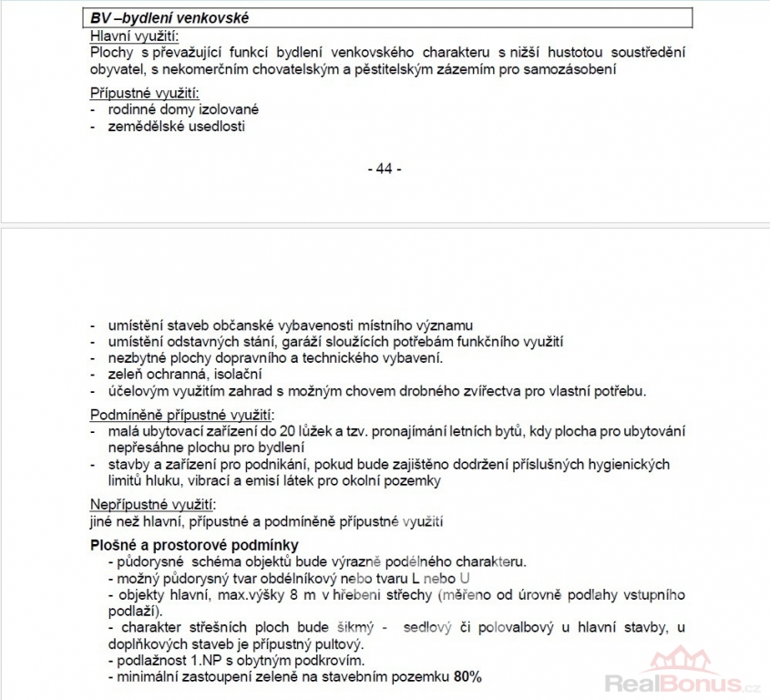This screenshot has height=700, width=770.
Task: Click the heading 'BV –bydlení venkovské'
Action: (169, 18)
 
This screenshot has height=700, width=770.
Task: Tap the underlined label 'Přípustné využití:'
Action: (144, 93)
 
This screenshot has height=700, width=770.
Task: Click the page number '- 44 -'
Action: (384, 169)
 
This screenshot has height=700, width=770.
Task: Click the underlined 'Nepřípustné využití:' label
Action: (154, 504)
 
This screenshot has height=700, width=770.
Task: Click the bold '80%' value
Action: (467, 677)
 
